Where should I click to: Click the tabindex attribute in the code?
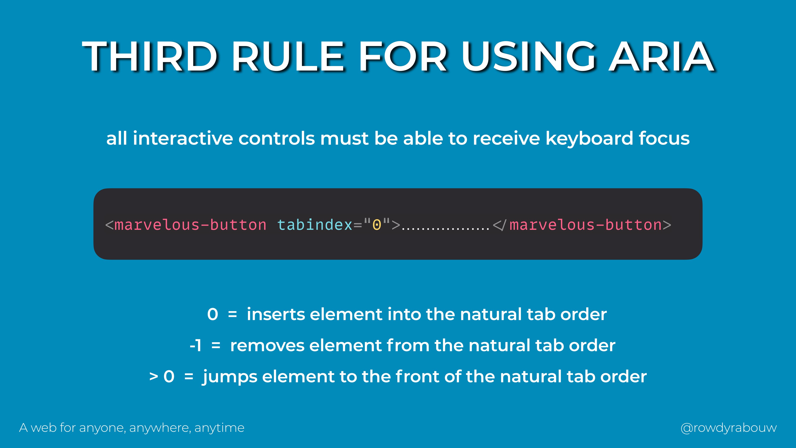pyautogui.click(x=315, y=225)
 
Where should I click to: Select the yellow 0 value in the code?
pyautogui.click(x=377, y=225)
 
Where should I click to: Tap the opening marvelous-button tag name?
pyautogui.click(x=190, y=225)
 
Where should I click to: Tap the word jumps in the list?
pyautogui.click(x=230, y=377)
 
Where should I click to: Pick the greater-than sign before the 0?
pyautogui.click(x=154, y=377)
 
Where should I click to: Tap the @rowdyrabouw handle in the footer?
pyautogui.click(x=729, y=428)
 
